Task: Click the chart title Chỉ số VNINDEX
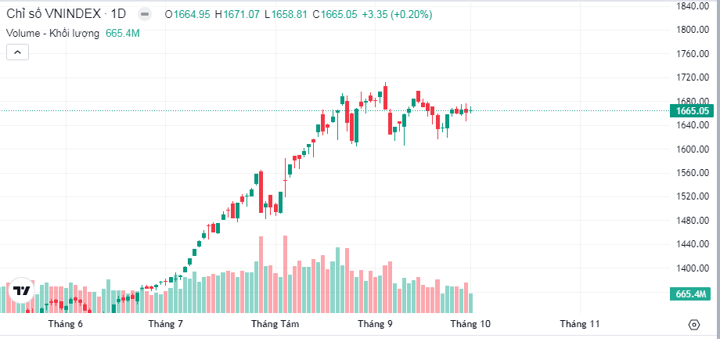tap(54, 14)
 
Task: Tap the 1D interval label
tap(118, 14)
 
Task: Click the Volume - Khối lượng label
tap(53, 33)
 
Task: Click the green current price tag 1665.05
tap(692, 111)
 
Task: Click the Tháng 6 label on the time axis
tap(65, 323)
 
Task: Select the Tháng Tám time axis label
tap(275, 323)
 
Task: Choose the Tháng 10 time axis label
tap(470, 323)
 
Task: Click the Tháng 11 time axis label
tap(579, 323)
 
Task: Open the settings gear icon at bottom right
tap(693, 325)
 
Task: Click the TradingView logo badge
tap(22, 290)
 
